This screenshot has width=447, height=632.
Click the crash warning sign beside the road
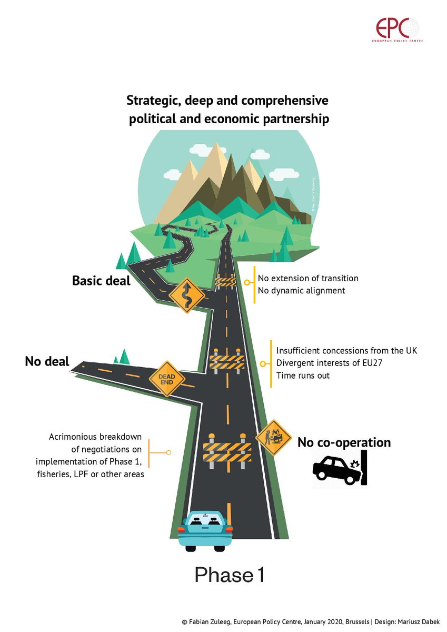(274, 437)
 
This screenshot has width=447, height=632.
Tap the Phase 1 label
(230, 574)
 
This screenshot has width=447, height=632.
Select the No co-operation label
(344, 442)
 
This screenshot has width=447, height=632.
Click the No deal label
(47, 362)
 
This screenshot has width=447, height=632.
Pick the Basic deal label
(101, 280)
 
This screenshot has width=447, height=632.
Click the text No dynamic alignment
(301, 290)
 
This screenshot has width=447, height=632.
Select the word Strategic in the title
(151, 100)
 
